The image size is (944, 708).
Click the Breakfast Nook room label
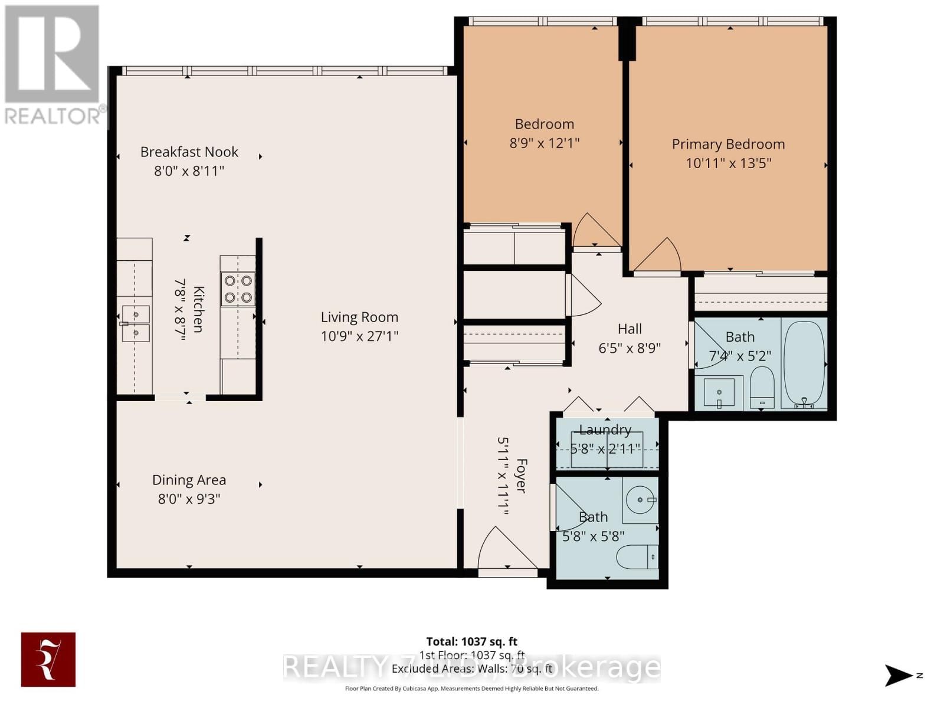pos(189,152)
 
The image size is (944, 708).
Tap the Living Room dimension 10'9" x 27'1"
pos(359,336)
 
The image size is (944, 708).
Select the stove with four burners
pos(238,289)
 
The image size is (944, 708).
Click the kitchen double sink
pos(136,323)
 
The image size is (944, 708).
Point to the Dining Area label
pos(189,480)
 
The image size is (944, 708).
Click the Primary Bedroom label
pos(728,144)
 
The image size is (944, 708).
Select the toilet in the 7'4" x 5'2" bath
pos(762,386)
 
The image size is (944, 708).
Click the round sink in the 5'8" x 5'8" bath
pos(641,500)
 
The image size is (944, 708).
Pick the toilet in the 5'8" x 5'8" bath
pos(636,556)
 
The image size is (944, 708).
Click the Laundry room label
pos(605,430)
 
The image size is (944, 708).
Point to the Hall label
pos(630,329)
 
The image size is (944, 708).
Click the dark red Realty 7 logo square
pos(48,660)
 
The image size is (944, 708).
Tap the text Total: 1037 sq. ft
pos(471,641)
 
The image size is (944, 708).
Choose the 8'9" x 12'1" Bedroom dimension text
pos(544,143)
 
